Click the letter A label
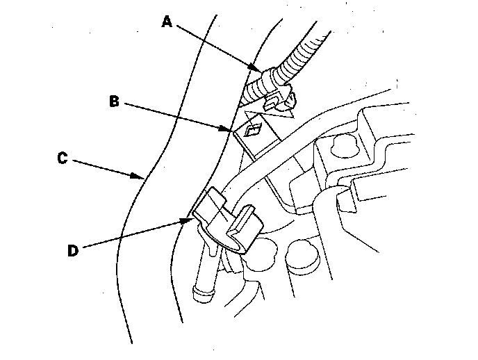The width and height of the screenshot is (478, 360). click(167, 22)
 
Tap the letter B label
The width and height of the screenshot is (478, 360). click(115, 101)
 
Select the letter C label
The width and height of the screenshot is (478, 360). click(62, 158)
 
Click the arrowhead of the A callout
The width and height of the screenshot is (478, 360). click(263, 69)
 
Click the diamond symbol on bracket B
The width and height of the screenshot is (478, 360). click(252, 129)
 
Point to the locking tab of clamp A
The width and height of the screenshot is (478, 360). click(286, 101)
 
